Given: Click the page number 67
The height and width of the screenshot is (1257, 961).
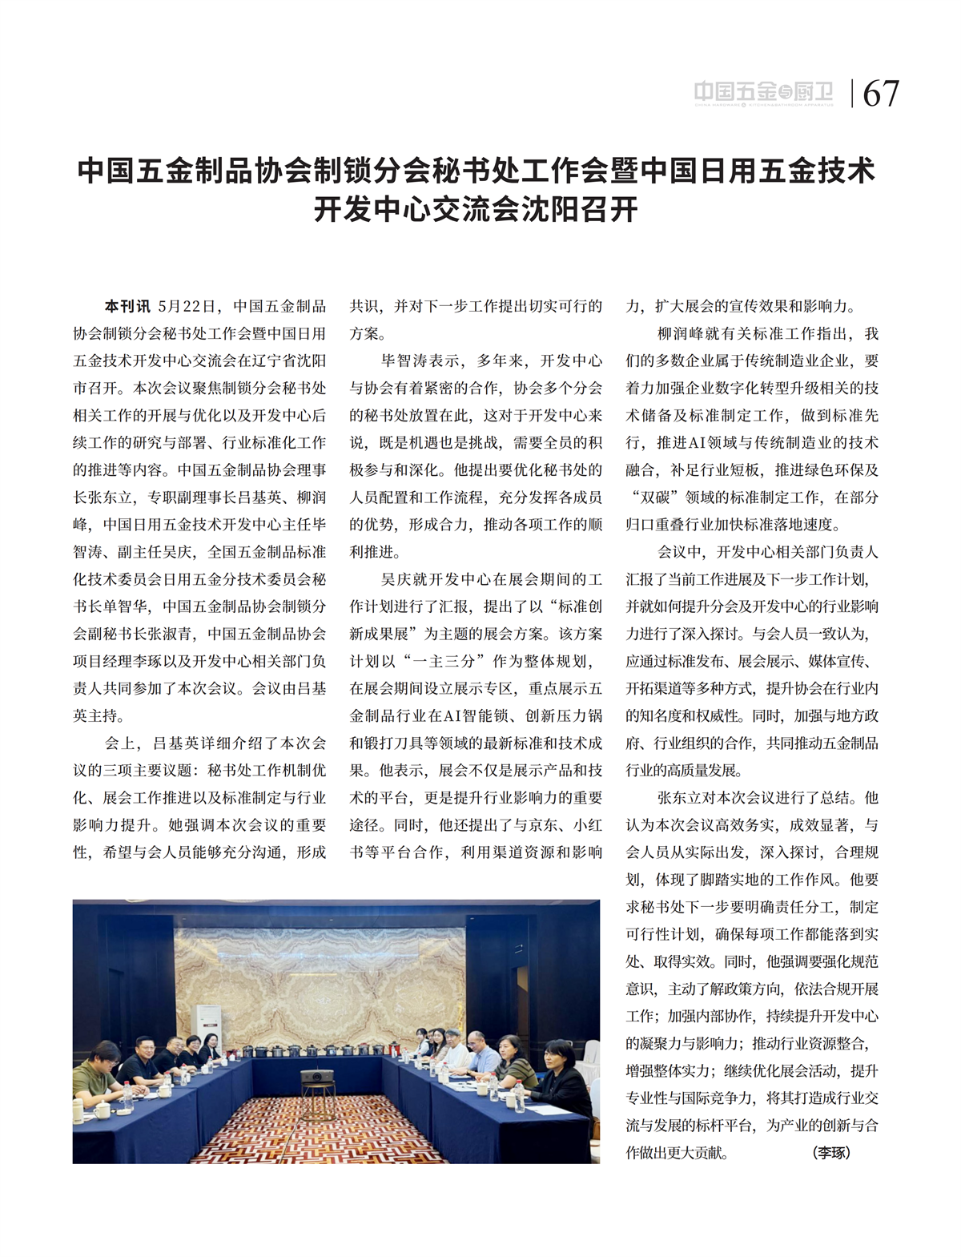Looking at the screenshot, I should coord(881,94).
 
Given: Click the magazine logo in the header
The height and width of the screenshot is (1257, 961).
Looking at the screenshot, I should coord(763,94).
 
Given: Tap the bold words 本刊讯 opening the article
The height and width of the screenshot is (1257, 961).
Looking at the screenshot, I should coord(127,307).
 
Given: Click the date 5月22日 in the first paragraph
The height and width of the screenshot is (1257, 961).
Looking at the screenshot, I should coord(187,307).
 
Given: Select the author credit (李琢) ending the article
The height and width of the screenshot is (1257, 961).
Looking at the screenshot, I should coord(831,1153).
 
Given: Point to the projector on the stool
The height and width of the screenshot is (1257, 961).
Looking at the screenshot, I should coord(317,1078).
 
